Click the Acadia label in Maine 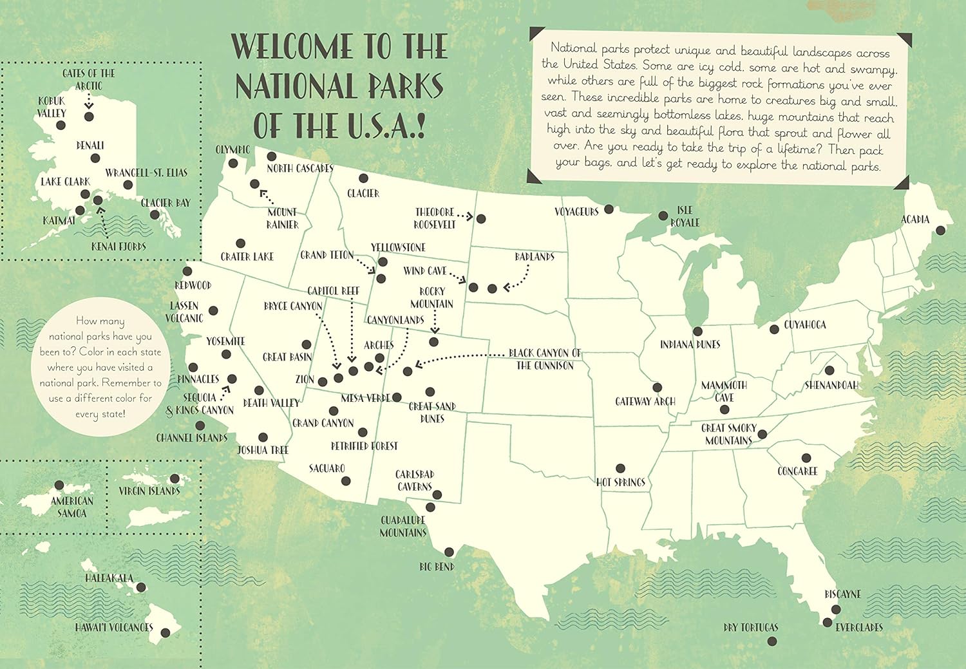pyautogui.click(x=914, y=220)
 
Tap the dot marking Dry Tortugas pyautogui.click(x=772, y=641)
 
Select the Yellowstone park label pyautogui.click(x=397, y=247)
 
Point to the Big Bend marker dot pyautogui.click(x=450, y=552)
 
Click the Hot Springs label pyautogui.click(x=620, y=482)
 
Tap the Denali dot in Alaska pyautogui.click(x=95, y=158)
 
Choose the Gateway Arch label pyautogui.click(x=645, y=401)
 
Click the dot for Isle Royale pyautogui.click(x=663, y=216)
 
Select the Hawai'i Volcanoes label pyautogui.click(x=114, y=627)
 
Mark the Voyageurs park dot pyautogui.click(x=609, y=209)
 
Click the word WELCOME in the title pyautogui.click(x=294, y=46)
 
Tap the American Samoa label pyautogui.click(x=71, y=507)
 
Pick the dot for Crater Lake pyautogui.click(x=240, y=243)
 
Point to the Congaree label pyautogui.click(x=797, y=471)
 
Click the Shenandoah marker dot pyautogui.click(x=830, y=370)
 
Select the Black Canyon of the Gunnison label pyautogui.click(x=545, y=359)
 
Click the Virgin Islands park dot pyautogui.click(x=175, y=479)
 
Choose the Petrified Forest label pyautogui.click(x=364, y=446)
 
